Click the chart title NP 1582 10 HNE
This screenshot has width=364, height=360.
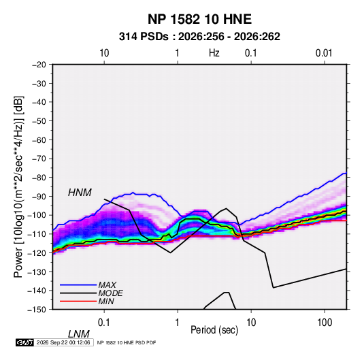[199, 19]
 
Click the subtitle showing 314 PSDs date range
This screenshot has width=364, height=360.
[199, 37]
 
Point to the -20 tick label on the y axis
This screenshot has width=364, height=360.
[39, 65]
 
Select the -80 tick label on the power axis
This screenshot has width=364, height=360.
[39, 178]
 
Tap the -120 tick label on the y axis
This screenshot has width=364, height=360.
[37, 252]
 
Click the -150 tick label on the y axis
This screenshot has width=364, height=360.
[37, 310]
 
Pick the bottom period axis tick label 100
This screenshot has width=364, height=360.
[325, 323]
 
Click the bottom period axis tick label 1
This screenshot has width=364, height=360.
[177, 323]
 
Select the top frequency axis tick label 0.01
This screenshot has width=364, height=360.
[324, 53]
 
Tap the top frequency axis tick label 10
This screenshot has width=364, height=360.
[104, 53]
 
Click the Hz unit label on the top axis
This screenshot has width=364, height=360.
[214, 53]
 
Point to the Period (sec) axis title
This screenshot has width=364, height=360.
[214, 330]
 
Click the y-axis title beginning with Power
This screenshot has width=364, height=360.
[18, 187]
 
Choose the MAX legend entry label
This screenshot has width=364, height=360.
[107, 285]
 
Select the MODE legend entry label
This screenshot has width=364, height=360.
[110, 293]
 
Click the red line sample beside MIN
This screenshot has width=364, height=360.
[78, 301]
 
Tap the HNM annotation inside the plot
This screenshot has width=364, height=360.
[80, 193]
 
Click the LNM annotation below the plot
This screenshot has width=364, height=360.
[79, 334]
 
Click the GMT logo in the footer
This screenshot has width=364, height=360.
[24, 342]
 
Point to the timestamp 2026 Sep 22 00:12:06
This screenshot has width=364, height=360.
[63, 342]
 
